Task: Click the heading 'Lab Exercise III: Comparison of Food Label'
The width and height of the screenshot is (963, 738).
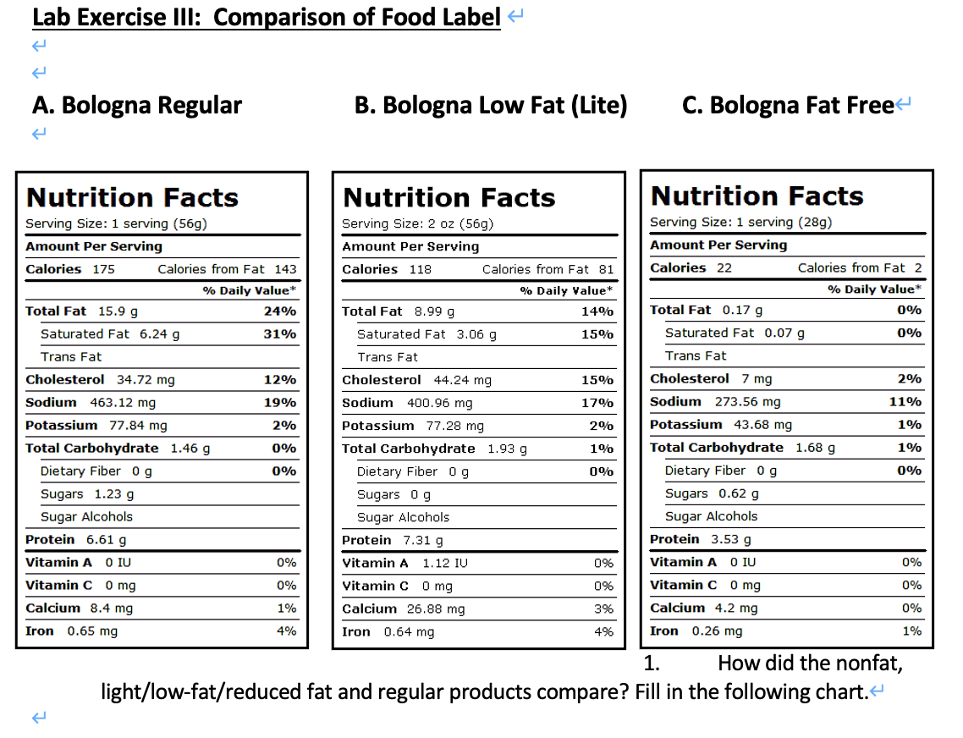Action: coord(266,17)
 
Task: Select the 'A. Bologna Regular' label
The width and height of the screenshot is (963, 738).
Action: coord(137,105)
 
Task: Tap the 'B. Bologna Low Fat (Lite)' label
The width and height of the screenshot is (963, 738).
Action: coord(491,105)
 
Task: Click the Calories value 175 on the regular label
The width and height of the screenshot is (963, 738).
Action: coord(104,269)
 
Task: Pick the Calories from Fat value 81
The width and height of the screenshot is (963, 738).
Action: coord(606,269)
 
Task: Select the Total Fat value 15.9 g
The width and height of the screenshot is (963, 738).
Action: coord(118,311)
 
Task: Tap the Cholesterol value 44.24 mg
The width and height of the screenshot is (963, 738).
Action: coord(462,380)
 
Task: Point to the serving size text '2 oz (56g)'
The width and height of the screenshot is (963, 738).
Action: coord(451,223)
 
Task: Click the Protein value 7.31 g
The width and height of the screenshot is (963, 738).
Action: coord(422,540)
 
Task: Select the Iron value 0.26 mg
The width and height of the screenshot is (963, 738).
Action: coord(717,631)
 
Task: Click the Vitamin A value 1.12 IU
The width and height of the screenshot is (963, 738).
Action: coord(445,563)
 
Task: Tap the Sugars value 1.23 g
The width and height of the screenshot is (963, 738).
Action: coord(113,493)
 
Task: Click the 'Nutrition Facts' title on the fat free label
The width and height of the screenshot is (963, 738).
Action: coord(757,196)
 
